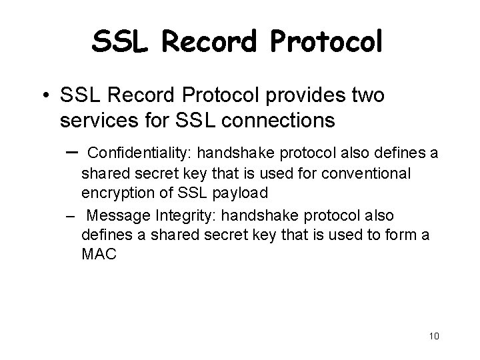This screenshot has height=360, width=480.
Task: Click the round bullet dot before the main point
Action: [43, 97]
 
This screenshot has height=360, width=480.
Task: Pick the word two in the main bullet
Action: [366, 96]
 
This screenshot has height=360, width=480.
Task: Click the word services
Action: [97, 121]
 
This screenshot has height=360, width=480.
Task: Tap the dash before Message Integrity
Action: [69, 217]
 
